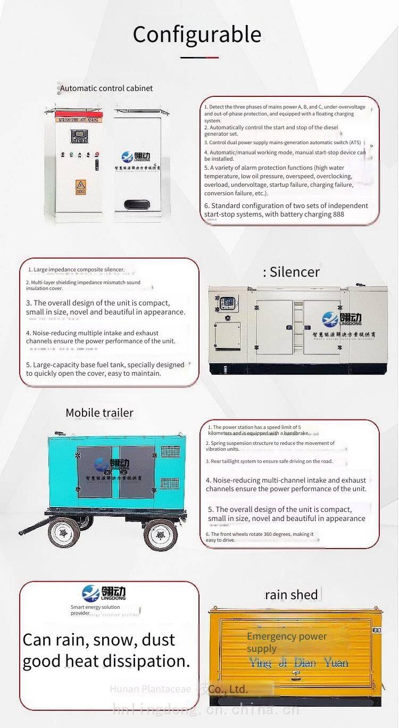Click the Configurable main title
click(x=197, y=35)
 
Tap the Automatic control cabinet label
click(x=106, y=88)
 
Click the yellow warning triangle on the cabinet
click(x=81, y=185)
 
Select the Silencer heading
click(x=292, y=271)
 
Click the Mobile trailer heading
click(x=99, y=412)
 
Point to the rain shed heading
click(x=292, y=594)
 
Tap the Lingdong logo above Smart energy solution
click(x=104, y=593)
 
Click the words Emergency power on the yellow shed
click(x=286, y=636)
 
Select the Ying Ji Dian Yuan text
click(x=298, y=663)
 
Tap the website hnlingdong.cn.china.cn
click(x=205, y=709)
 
